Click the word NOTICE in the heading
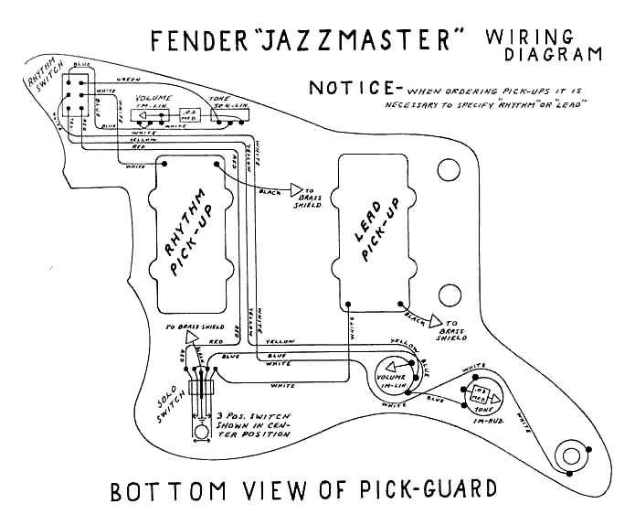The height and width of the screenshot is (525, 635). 350,89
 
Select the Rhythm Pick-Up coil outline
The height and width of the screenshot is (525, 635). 193,218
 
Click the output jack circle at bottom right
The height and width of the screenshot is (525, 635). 572,455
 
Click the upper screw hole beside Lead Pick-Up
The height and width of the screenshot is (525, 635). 449,169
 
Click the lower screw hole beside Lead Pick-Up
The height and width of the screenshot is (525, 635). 449,294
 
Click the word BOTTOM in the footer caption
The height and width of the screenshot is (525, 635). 169,490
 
